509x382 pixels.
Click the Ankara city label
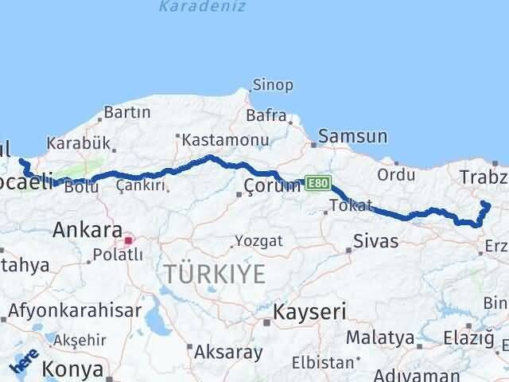click(x=87, y=230)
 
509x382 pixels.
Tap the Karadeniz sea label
click(x=202, y=6)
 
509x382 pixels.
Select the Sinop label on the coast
click(x=273, y=84)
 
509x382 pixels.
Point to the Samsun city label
click(x=354, y=137)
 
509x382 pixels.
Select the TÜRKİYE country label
click(x=215, y=275)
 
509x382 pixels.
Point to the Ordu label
click(x=396, y=173)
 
